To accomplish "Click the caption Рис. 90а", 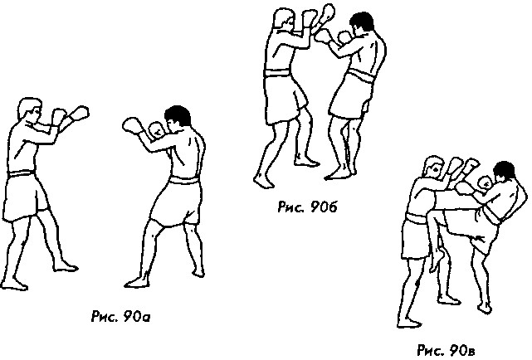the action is pyautogui.click(x=120, y=317).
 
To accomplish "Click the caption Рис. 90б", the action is pyautogui.click(x=307, y=207).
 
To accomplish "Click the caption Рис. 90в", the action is pyautogui.click(x=446, y=350).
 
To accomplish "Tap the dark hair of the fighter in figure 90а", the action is pyautogui.click(x=178, y=114).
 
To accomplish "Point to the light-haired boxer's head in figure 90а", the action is pyautogui.click(x=30, y=109).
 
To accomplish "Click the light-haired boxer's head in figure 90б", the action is pyautogui.click(x=284, y=20).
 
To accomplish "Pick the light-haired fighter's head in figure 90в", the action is pyautogui.click(x=434, y=167).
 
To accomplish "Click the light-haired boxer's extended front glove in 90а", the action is pyautogui.click(x=80, y=114).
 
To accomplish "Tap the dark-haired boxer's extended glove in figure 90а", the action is pyautogui.click(x=132, y=126).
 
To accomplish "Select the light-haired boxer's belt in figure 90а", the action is pyautogui.click(x=22, y=173).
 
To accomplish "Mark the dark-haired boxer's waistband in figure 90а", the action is pyautogui.click(x=183, y=180).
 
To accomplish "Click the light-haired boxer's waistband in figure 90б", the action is pyautogui.click(x=277, y=73).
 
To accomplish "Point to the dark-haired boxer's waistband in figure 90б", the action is pyautogui.click(x=362, y=75).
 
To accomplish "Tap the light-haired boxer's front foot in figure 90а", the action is pyautogui.click(x=66, y=266).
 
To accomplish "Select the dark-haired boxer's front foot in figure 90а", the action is pyautogui.click(x=137, y=282).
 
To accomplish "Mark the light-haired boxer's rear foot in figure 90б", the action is pyautogui.click(x=263, y=182).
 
